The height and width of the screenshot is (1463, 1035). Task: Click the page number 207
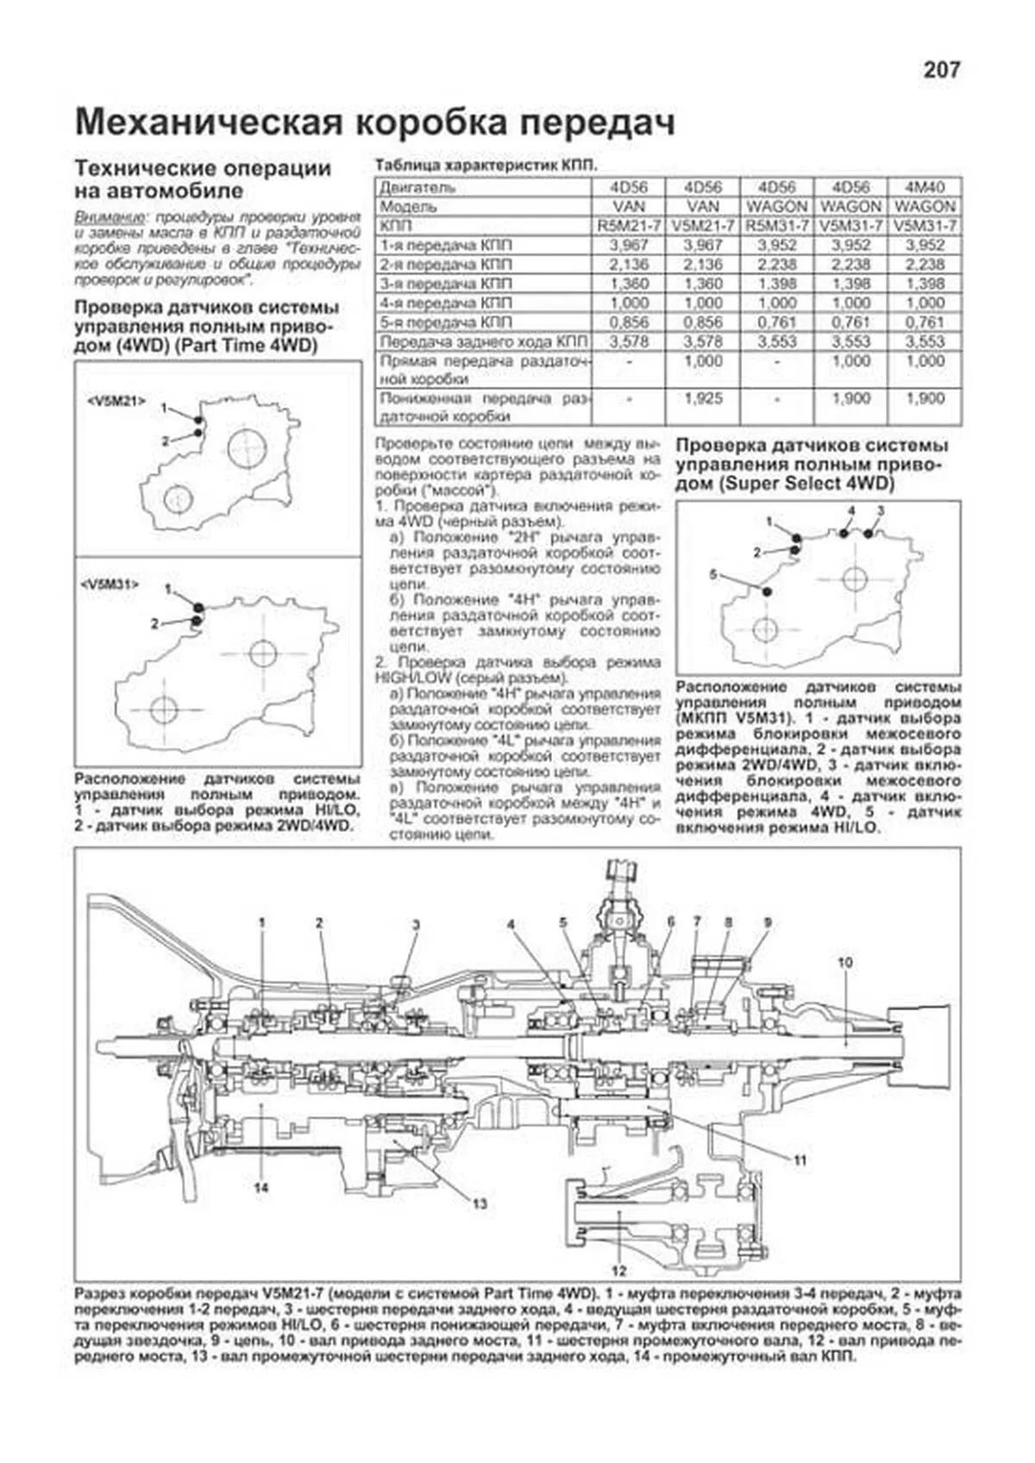coord(941,70)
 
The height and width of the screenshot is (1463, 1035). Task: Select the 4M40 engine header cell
coord(925,187)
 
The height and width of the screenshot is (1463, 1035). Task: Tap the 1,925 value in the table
coord(703,399)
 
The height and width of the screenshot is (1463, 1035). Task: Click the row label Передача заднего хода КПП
coord(484,341)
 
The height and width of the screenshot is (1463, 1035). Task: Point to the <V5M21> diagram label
coord(116,401)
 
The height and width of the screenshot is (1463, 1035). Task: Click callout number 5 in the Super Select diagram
coord(713,574)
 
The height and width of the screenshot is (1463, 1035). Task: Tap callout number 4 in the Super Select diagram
coord(850,510)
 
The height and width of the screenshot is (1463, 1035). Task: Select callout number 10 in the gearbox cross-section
coord(844,962)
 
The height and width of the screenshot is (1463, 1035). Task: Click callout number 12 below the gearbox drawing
coord(619,1270)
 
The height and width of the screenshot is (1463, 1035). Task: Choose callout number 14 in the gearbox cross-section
coord(261,1188)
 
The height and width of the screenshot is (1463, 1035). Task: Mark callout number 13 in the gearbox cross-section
coord(480,1204)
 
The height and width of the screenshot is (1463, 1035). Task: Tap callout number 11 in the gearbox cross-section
coord(800,1160)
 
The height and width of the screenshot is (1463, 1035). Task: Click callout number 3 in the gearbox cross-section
coord(416,926)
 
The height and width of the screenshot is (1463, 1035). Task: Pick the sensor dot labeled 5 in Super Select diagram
coord(767,591)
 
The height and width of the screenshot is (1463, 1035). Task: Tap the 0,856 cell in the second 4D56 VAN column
coord(703,322)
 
